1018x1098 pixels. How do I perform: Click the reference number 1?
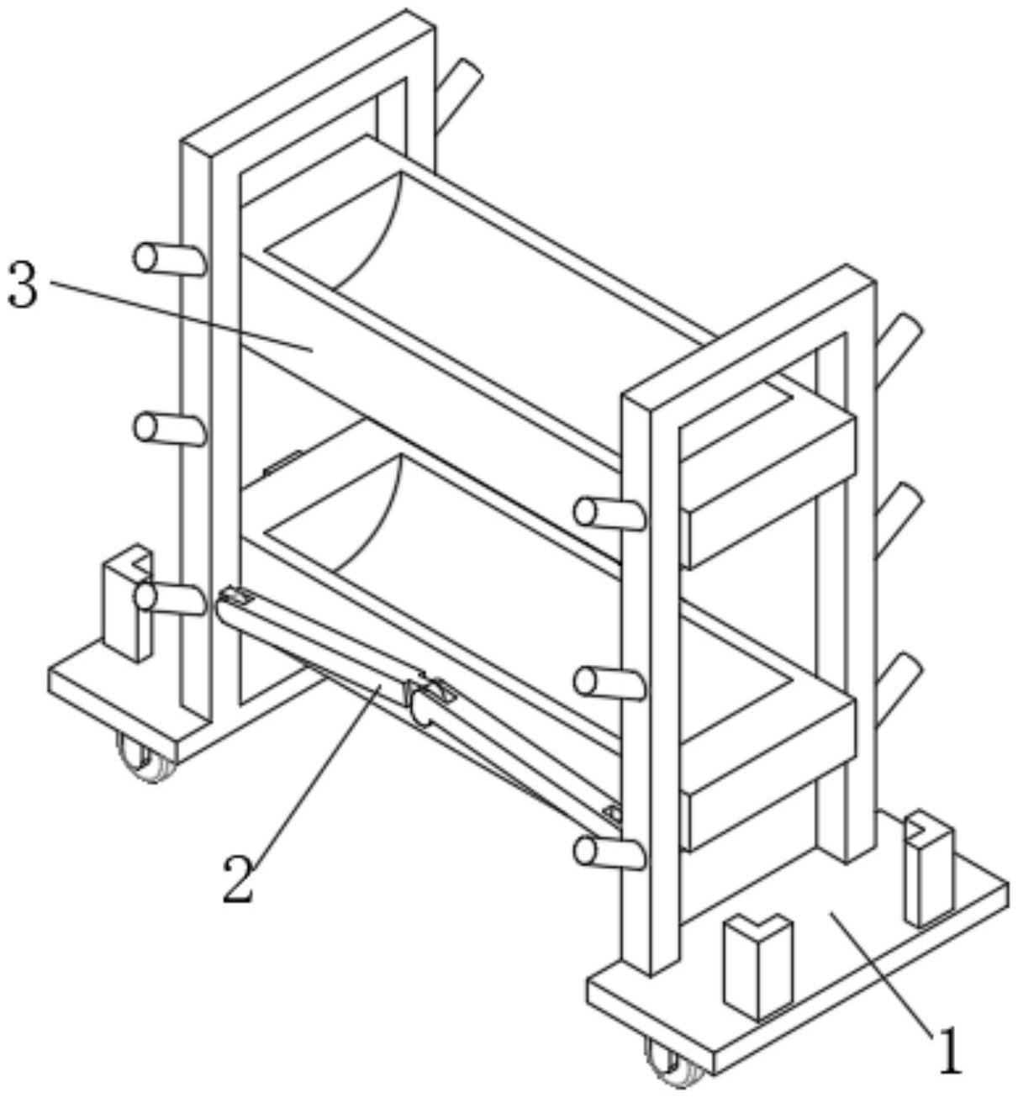949,1051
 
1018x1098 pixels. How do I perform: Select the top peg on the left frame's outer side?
169,258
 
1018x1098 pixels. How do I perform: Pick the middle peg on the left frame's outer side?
169,429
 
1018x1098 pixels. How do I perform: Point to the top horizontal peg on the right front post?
609,513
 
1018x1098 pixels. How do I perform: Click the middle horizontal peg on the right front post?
609,682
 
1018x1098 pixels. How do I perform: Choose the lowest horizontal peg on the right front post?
609,853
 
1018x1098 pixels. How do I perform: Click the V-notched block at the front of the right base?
757,963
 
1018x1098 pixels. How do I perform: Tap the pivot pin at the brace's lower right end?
613,814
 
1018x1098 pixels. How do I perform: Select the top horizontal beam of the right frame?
748,336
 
